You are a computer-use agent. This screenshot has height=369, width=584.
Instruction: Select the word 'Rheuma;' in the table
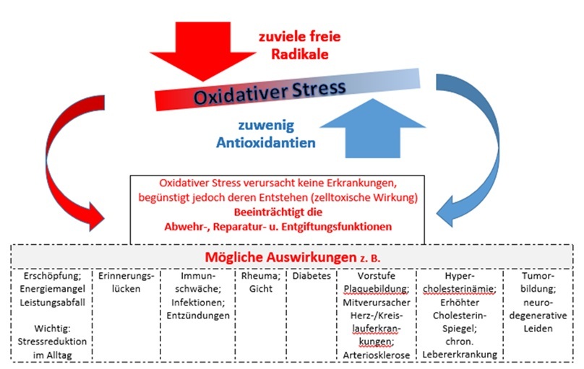click(x=262, y=277)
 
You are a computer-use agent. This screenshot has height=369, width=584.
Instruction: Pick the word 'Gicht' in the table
click(x=261, y=290)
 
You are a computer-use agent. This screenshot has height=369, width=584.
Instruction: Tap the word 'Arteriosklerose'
click(x=377, y=355)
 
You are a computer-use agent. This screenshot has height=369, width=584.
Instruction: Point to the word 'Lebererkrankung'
click(x=462, y=355)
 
